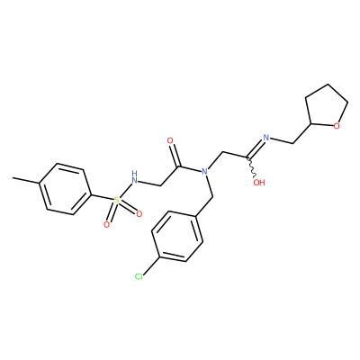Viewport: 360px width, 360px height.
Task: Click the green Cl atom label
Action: (x=139, y=276)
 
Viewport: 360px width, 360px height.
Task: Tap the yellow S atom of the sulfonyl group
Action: (x=116, y=200)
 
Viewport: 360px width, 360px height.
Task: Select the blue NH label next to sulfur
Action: (x=134, y=177)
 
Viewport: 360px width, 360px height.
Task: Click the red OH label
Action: (x=259, y=182)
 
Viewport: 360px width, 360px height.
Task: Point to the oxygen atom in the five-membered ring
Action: (x=337, y=126)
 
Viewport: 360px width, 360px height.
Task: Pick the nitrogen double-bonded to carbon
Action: (x=265, y=138)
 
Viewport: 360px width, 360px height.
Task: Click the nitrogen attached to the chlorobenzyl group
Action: (x=205, y=172)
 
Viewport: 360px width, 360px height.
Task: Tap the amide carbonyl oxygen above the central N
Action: (x=170, y=140)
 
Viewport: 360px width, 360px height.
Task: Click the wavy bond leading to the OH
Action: (x=252, y=167)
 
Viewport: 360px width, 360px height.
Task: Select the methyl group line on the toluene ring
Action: (x=26, y=180)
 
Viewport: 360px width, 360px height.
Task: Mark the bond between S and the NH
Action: (x=124, y=190)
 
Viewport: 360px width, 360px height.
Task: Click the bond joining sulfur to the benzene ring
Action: (x=102, y=198)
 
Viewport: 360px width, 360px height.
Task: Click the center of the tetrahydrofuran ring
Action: (x=326, y=106)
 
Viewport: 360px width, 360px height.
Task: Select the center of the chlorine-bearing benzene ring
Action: (x=177, y=237)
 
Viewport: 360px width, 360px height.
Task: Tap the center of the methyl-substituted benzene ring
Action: (x=65, y=189)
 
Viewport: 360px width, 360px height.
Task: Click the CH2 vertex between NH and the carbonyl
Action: (x=161, y=186)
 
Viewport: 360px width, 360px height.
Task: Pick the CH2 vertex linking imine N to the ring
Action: (x=292, y=143)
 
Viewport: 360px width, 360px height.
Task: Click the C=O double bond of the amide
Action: (x=175, y=155)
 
